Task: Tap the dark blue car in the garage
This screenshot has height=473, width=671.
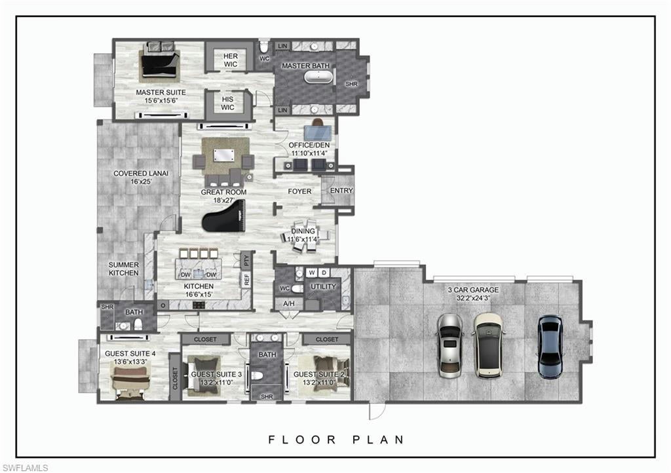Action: [x=549, y=347]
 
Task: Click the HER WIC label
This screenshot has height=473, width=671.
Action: [x=230, y=60]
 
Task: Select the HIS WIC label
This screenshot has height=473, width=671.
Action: [x=227, y=103]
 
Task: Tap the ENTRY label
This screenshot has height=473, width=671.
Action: [x=341, y=191]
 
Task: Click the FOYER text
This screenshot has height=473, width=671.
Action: [x=300, y=191]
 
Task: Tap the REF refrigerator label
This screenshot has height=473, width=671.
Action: [x=246, y=279]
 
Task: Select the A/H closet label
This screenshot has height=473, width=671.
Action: [x=288, y=303]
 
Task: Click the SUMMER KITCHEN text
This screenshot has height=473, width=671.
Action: [x=123, y=269]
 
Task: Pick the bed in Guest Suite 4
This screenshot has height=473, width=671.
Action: [x=132, y=382]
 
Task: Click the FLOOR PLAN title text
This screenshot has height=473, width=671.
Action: [x=336, y=440]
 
